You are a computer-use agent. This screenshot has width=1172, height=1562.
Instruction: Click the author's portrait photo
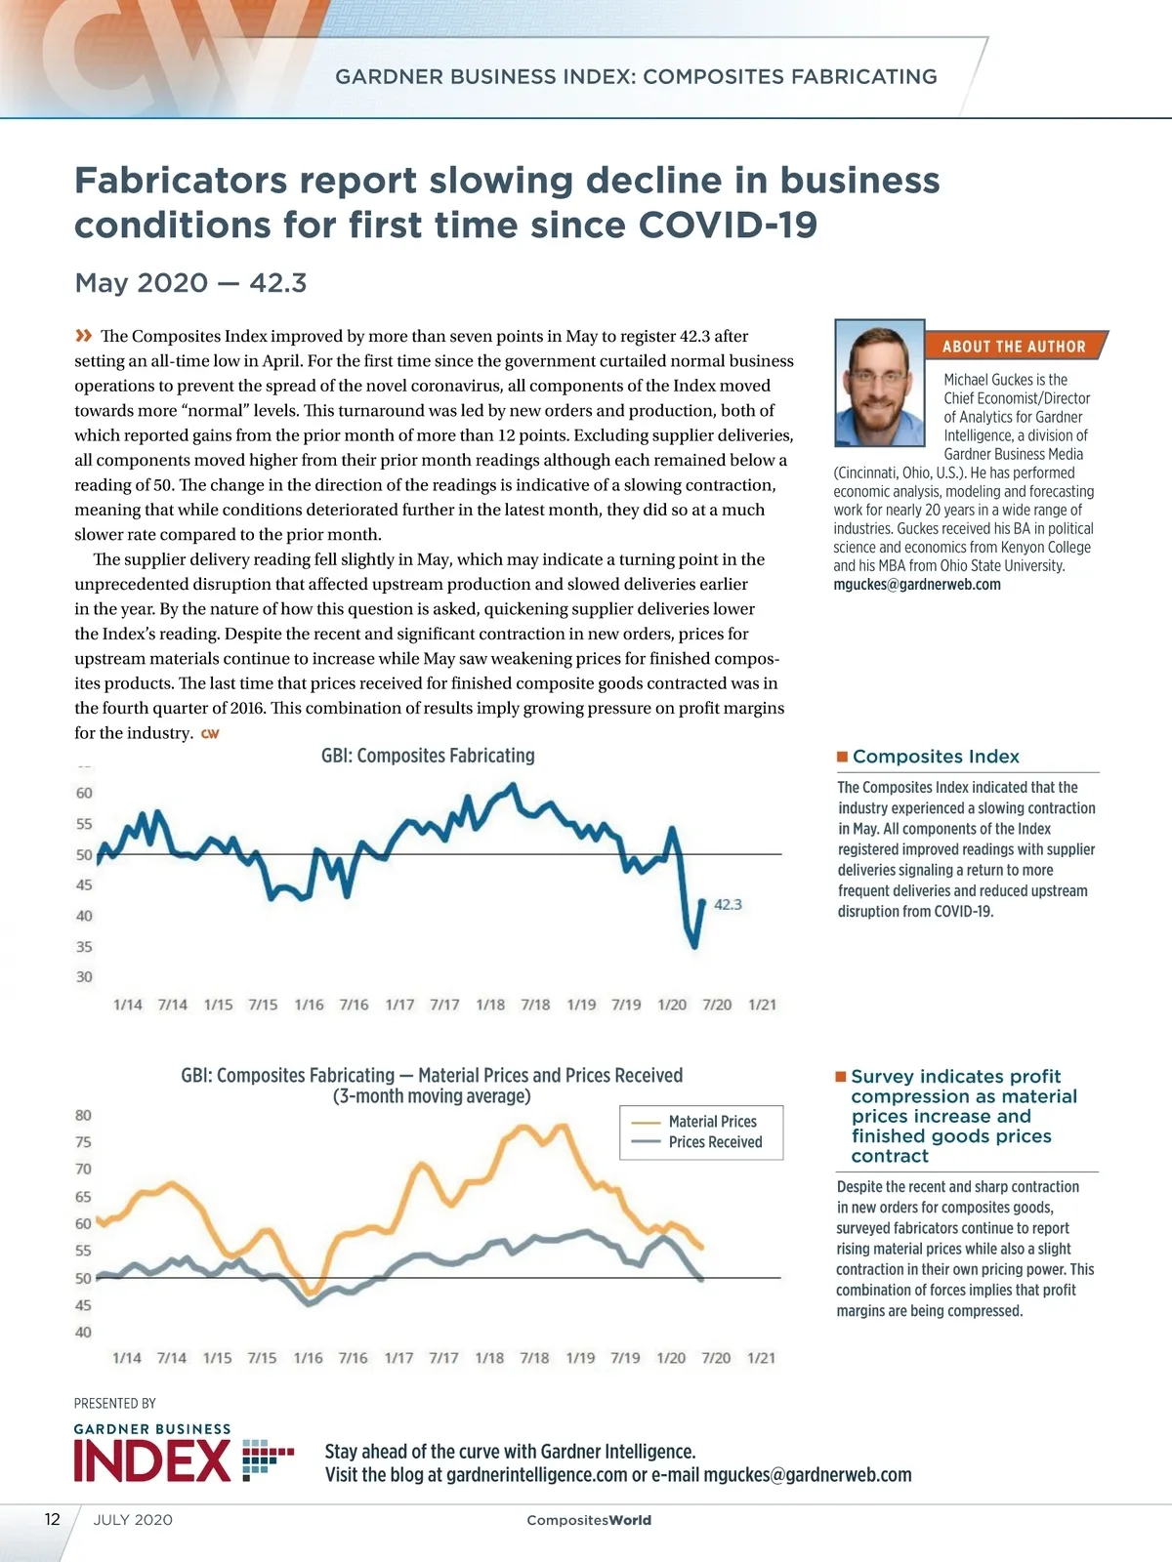(x=880, y=383)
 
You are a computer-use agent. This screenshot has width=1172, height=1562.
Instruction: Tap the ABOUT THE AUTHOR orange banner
(x=1014, y=347)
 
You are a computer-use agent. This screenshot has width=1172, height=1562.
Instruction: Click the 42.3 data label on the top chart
(x=728, y=905)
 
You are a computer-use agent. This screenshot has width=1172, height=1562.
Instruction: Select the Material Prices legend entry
(x=712, y=1122)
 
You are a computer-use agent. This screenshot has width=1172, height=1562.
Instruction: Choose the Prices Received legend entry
(x=715, y=1142)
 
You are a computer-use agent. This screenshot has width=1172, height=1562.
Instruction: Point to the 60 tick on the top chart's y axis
(x=84, y=793)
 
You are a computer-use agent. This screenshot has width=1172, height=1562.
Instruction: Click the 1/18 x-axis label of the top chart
(x=490, y=1005)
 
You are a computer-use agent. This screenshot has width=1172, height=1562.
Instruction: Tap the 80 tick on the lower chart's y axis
(x=83, y=1115)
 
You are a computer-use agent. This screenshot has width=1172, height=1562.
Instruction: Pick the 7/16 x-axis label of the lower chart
(x=353, y=1358)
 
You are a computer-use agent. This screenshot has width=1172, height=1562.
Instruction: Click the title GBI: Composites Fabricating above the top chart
(x=428, y=756)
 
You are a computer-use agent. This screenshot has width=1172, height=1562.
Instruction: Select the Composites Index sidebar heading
(x=935, y=757)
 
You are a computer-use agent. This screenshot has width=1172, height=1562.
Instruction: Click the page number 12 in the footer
(x=53, y=1519)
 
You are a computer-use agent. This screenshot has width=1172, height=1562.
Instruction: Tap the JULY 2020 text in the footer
(x=133, y=1520)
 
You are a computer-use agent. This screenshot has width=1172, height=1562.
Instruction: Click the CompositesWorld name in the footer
(x=588, y=1520)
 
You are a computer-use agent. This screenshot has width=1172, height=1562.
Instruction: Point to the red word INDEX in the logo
(x=152, y=1460)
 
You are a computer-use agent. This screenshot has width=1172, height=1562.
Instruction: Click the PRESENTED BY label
(x=115, y=1404)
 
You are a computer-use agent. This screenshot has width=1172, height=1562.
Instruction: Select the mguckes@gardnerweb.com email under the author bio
(x=916, y=585)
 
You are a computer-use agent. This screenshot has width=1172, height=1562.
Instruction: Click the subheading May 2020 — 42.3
(x=190, y=283)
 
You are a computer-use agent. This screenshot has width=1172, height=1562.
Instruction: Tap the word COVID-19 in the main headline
(x=728, y=226)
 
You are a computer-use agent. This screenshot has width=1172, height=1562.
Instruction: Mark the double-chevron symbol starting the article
(x=84, y=336)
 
